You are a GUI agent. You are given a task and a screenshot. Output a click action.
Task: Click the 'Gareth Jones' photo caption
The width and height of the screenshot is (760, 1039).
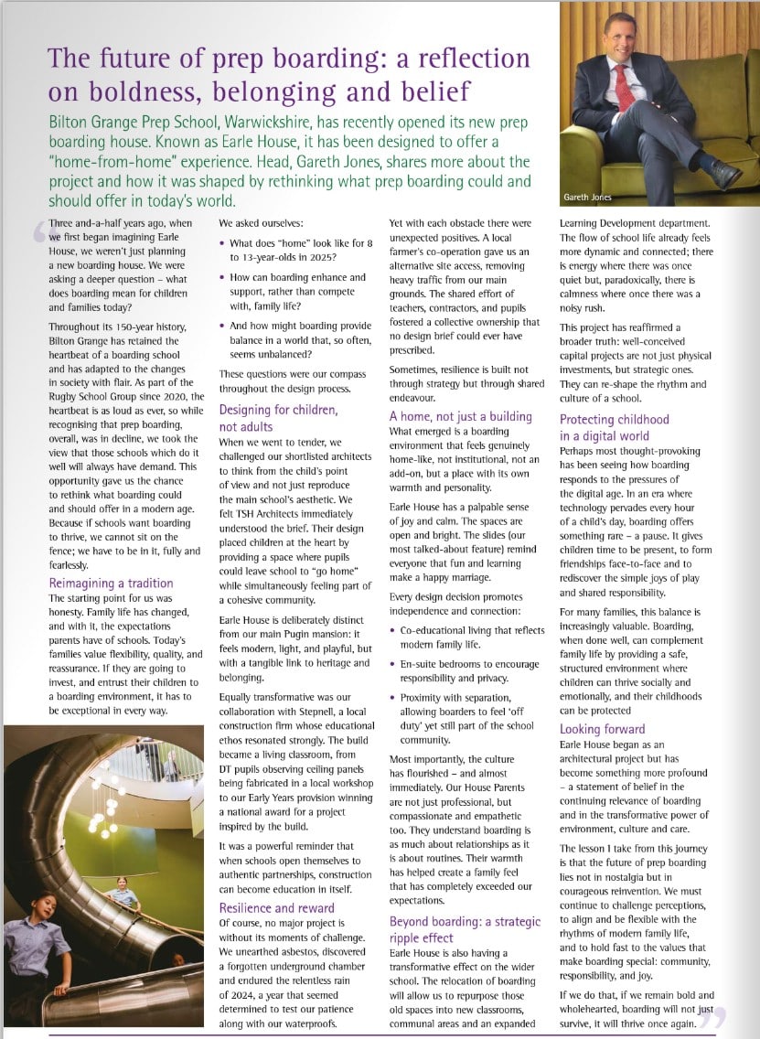point(589,198)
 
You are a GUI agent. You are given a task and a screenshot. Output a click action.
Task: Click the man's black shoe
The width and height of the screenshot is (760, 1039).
point(724,173)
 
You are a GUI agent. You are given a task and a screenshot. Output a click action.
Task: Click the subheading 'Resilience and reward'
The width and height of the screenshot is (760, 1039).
point(276,907)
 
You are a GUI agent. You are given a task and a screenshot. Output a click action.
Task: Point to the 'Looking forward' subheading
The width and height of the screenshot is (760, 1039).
point(602,729)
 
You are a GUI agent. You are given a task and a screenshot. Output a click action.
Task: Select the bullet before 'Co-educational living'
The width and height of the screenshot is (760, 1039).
point(393,631)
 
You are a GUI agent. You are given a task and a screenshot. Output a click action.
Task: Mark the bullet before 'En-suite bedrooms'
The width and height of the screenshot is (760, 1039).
point(393,665)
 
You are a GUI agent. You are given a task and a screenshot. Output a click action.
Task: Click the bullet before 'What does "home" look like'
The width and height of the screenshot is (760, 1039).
point(223,244)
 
